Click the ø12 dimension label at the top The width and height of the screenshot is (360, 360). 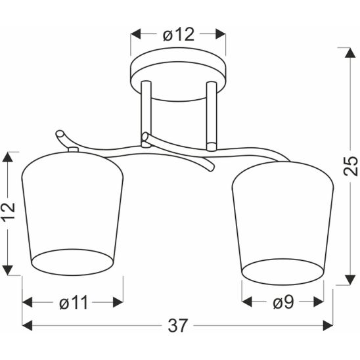pyautogui.click(x=179, y=35)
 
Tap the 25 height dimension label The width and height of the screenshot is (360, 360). pyautogui.click(x=351, y=166)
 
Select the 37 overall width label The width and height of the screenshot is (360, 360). pyautogui.click(x=178, y=325)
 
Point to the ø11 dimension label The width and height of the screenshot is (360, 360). pyautogui.click(x=74, y=302)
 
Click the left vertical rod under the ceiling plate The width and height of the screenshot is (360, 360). pyautogui.click(x=146, y=114)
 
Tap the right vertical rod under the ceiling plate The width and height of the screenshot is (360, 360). pyautogui.click(x=212, y=116)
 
